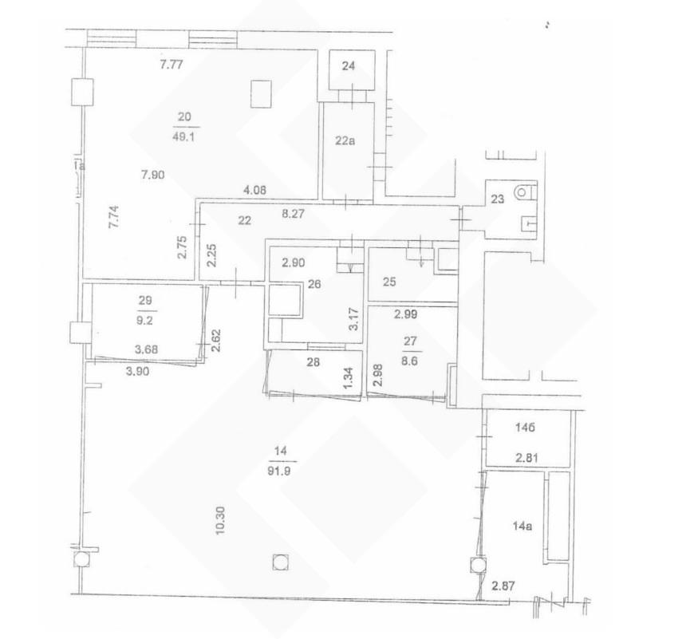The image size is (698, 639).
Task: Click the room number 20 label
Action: tap(184, 117)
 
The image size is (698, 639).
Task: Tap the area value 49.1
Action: tap(183, 136)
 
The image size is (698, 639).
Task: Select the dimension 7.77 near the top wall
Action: tap(172, 65)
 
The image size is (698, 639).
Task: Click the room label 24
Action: tap(349, 66)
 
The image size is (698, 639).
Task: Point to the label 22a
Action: tap(345, 141)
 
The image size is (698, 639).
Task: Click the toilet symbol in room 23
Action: tap(523, 193)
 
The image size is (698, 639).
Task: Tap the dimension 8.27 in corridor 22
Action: tap(294, 214)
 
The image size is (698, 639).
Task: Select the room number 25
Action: tap(389, 282)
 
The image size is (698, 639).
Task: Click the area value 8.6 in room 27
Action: tap(409, 361)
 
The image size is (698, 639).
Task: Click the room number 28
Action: tap(314, 362)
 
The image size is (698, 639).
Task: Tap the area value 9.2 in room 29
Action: tap(144, 320)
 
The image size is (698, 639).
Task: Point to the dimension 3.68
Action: tap(146, 349)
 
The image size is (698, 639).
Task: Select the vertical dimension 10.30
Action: tap(221, 521)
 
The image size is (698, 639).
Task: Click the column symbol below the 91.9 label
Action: tap(280, 562)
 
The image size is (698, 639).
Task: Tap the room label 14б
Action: tap(525, 428)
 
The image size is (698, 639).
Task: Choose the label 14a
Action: tap(523, 527)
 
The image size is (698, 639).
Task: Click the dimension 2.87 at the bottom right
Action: tap(503, 586)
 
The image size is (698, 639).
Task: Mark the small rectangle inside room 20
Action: tap(261, 94)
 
